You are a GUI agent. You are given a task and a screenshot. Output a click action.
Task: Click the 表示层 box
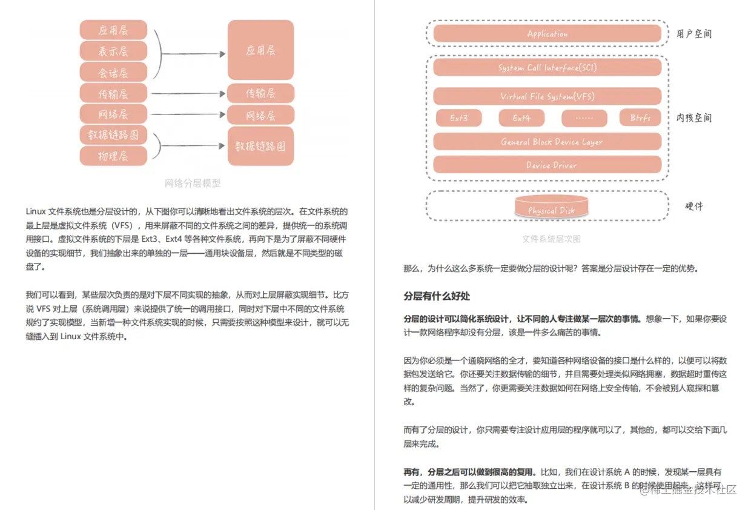tap(113, 51)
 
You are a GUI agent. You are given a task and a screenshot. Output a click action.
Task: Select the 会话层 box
tap(113, 72)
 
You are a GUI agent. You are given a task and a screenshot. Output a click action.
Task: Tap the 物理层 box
tap(113, 156)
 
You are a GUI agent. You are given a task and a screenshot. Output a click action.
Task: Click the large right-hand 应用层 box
tap(260, 50)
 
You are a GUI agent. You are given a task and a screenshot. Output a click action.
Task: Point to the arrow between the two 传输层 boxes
tap(188, 93)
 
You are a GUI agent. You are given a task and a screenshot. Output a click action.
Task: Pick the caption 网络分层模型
tap(193, 183)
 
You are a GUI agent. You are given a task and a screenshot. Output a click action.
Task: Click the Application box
tap(547, 34)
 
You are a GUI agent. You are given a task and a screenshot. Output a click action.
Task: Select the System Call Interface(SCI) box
tap(547, 68)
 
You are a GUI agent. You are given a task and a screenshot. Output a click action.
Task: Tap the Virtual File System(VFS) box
tap(547, 96)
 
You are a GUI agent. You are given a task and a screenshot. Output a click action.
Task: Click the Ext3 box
tap(458, 118)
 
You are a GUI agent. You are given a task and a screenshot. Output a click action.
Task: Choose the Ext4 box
tap(521, 118)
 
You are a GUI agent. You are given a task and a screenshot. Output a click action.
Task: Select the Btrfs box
tap(640, 118)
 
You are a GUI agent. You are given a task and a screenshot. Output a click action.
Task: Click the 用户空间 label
tap(694, 34)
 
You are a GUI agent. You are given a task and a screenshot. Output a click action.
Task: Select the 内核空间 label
tap(694, 118)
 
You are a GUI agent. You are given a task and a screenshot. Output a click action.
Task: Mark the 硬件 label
tap(694, 206)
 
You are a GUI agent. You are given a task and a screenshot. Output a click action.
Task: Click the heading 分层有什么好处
tap(437, 296)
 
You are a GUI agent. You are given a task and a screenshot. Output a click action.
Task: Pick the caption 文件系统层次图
tap(551, 239)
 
